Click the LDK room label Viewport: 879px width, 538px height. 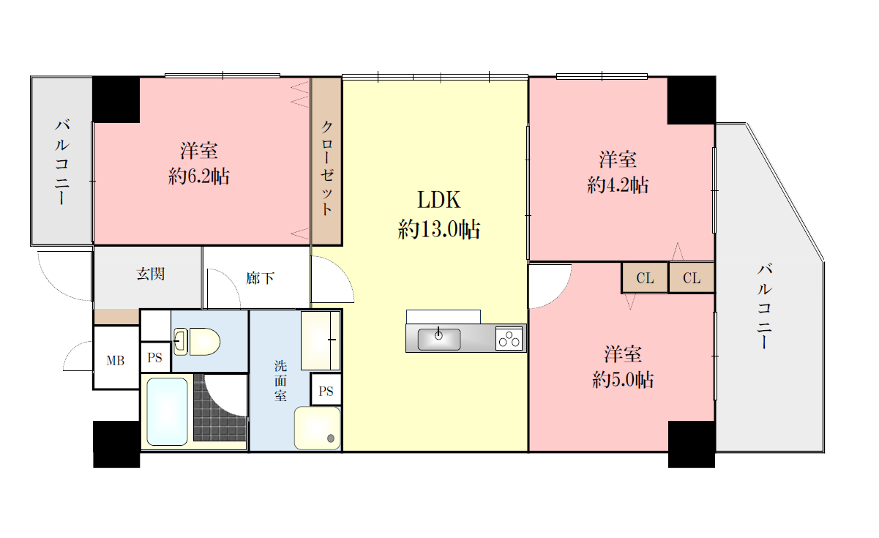pyautogui.click(x=438, y=199)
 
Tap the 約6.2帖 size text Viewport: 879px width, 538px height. pyautogui.click(x=199, y=176)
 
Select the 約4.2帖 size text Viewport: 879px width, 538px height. pyautogui.click(x=618, y=185)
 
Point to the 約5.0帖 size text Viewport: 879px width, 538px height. pyautogui.click(x=623, y=379)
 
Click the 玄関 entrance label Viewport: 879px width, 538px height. pyautogui.click(x=151, y=274)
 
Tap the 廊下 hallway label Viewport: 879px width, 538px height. pyautogui.click(x=260, y=278)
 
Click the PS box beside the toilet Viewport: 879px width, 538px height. pyautogui.click(x=155, y=357)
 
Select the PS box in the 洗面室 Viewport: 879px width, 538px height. pyautogui.click(x=326, y=391)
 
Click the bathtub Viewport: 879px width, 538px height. pyautogui.click(x=167, y=411)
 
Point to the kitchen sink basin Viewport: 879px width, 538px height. pyautogui.click(x=439, y=340)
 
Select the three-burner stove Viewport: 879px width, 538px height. pyautogui.click(x=509, y=339)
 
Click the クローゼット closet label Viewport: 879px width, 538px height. pyautogui.click(x=327, y=168)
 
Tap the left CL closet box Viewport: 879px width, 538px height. pyautogui.click(x=645, y=278)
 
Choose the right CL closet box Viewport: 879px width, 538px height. pyautogui.click(x=692, y=278)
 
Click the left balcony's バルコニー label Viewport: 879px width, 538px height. pyautogui.click(x=62, y=162)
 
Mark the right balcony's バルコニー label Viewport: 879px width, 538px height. pyautogui.click(x=764, y=306)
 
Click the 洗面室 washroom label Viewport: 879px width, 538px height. pyautogui.click(x=280, y=381)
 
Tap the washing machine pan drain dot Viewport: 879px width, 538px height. pyautogui.click(x=330, y=438)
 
